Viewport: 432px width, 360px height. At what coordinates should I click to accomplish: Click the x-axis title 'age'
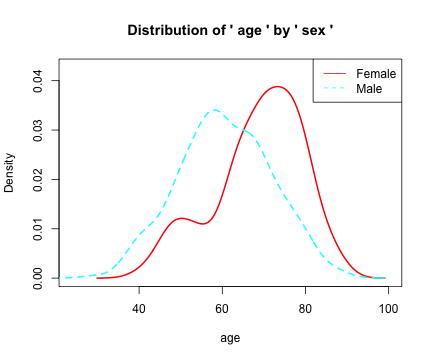pos(230,338)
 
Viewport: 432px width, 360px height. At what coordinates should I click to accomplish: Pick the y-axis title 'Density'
pos(10,172)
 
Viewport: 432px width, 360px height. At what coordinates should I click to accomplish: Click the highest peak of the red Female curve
pos(278,87)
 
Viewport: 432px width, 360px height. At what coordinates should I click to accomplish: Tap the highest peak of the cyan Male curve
pos(214,110)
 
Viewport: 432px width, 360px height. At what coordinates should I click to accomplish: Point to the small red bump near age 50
pos(181,218)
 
